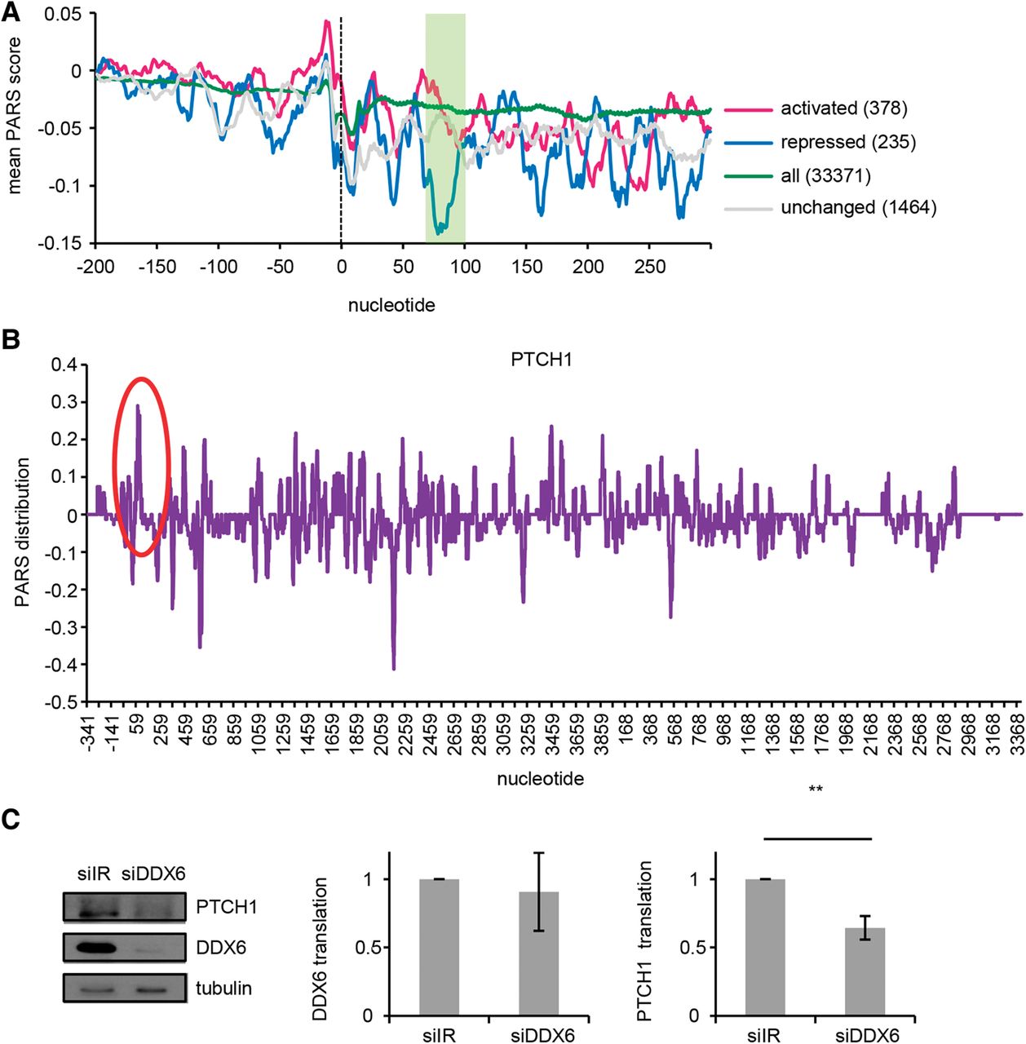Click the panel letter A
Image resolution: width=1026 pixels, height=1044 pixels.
pos(11,14)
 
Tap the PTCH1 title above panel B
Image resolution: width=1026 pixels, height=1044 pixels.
pos(542,359)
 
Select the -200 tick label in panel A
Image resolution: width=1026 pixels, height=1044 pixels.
pos(95,267)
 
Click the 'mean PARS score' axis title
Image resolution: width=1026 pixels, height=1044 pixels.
pos(14,116)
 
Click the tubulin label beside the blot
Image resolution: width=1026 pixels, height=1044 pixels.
pos(223,989)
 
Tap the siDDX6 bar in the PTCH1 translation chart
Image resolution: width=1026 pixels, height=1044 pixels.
pos(865,971)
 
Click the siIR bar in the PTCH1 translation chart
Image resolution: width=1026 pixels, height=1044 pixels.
pos(765,947)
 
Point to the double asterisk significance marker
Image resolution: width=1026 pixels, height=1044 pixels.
pos(815,790)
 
